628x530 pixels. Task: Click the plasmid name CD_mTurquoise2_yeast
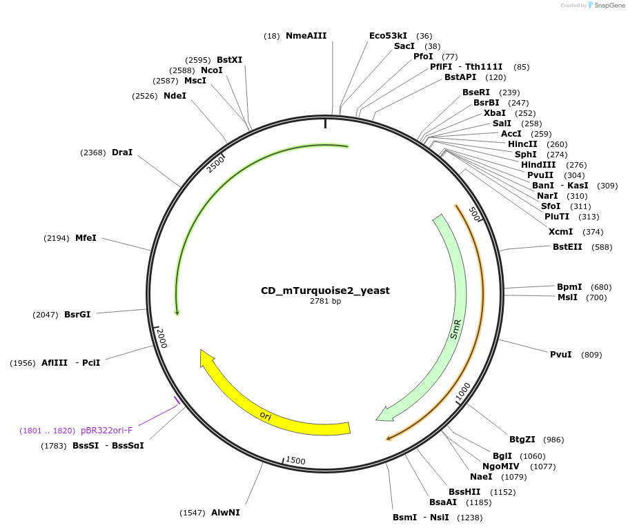click(x=325, y=291)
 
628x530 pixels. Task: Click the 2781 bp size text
click(x=325, y=301)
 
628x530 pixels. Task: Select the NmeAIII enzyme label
click(x=306, y=36)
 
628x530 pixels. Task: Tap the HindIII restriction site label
click(x=538, y=165)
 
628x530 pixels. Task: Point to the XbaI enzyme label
click(x=495, y=113)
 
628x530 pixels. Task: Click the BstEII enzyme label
click(x=567, y=247)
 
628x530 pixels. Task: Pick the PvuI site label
click(x=560, y=355)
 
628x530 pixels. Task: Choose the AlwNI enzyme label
click(x=226, y=512)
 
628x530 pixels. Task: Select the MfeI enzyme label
click(x=86, y=238)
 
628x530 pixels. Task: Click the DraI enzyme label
click(x=122, y=153)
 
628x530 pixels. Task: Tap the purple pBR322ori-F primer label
click(x=106, y=430)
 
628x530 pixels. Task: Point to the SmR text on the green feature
click(x=455, y=329)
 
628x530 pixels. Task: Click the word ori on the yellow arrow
click(x=266, y=415)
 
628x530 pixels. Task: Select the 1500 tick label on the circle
click(x=295, y=460)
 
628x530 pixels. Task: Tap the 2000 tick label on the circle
click(x=161, y=337)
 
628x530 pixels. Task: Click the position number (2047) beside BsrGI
click(x=46, y=315)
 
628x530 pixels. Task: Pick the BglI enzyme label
click(x=502, y=456)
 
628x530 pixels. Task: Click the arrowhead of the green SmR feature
click(x=384, y=415)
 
